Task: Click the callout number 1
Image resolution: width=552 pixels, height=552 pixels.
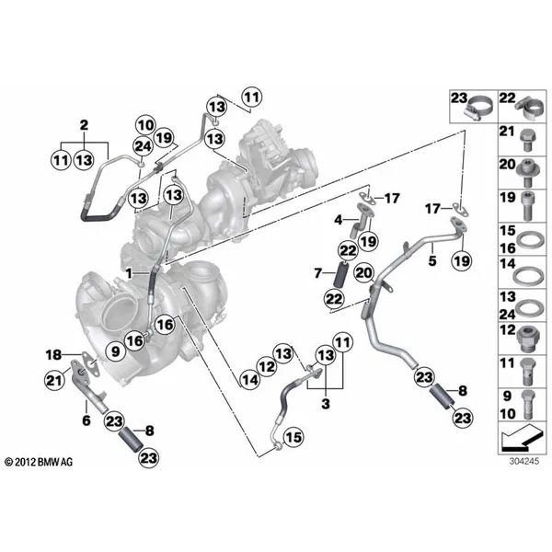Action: pyautogui.click(x=129, y=273)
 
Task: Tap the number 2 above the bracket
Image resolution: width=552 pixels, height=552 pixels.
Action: pyautogui.click(x=84, y=125)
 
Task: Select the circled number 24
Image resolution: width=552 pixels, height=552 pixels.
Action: pyautogui.click(x=143, y=146)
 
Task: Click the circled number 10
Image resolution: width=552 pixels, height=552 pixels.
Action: pyautogui.click(x=146, y=125)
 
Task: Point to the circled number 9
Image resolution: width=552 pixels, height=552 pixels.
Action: pyautogui.click(x=116, y=351)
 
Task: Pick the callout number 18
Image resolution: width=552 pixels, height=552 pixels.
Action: pyautogui.click(x=53, y=354)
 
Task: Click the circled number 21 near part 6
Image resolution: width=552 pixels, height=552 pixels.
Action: pyautogui.click(x=54, y=380)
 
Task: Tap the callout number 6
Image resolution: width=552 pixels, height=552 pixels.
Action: pyautogui.click(x=86, y=420)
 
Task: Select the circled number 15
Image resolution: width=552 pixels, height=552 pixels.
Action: pyautogui.click(x=293, y=437)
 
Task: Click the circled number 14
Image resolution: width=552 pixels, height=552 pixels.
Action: pyautogui.click(x=250, y=380)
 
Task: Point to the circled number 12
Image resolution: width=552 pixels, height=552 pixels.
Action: pyautogui.click(x=267, y=367)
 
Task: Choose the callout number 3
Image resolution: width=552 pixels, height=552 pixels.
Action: pyautogui.click(x=326, y=404)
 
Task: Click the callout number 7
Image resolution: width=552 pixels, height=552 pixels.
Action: pyautogui.click(x=318, y=273)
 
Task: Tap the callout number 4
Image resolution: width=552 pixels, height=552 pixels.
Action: pyautogui.click(x=339, y=220)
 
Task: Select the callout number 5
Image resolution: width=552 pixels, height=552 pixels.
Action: pyautogui.click(x=432, y=260)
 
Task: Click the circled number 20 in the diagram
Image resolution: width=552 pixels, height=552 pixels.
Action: pyautogui.click(x=364, y=273)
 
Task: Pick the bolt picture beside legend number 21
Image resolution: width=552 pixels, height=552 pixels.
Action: pyautogui.click(x=526, y=140)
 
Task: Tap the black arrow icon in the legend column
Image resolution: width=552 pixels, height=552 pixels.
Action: pyautogui.click(x=523, y=438)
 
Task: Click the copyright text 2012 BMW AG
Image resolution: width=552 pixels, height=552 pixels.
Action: pyautogui.click(x=39, y=462)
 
